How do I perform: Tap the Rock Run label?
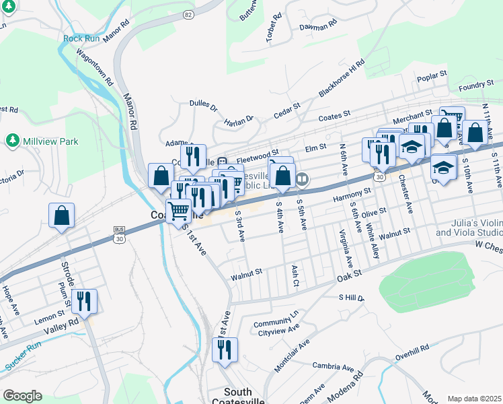tap(81, 38)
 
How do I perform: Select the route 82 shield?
tap(188, 14)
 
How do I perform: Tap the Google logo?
tap(22, 395)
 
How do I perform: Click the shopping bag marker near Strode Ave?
tap(61, 216)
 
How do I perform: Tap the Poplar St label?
tap(432, 73)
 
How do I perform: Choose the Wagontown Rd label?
tap(95, 67)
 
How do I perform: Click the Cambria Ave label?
tap(333, 367)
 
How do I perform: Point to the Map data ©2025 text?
tap(474, 399)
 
